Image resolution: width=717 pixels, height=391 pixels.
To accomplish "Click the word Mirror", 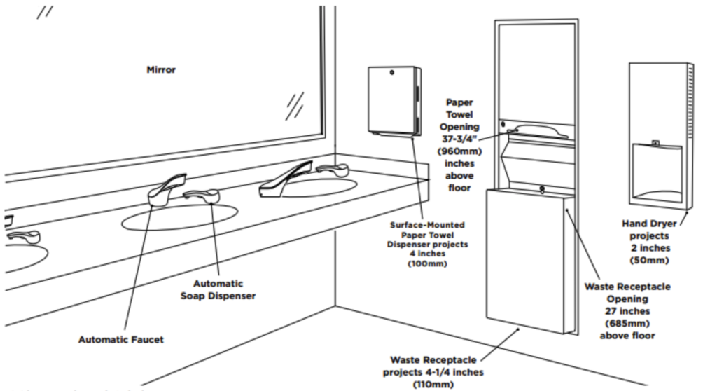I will click(161, 70).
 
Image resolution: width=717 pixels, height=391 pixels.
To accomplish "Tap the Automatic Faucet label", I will click(121, 339).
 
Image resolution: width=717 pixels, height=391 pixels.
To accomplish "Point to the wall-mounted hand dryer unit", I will click(660, 136).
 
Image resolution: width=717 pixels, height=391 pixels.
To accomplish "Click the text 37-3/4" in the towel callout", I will click(459, 139).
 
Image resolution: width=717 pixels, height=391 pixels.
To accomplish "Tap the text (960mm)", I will click(459, 151).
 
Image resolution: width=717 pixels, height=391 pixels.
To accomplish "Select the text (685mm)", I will click(627, 323).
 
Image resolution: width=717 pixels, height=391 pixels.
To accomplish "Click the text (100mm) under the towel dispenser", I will click(426, 263).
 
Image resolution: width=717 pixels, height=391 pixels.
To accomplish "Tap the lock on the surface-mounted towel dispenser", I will click(394, 73).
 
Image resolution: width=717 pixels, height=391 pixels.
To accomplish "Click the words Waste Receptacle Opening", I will click(627, 292).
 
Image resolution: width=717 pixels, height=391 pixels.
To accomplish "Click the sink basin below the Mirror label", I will click(179, 218).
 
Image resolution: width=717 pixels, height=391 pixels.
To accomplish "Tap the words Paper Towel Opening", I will click(459, 114).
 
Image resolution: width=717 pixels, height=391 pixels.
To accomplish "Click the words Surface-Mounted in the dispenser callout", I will click(427, 226).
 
